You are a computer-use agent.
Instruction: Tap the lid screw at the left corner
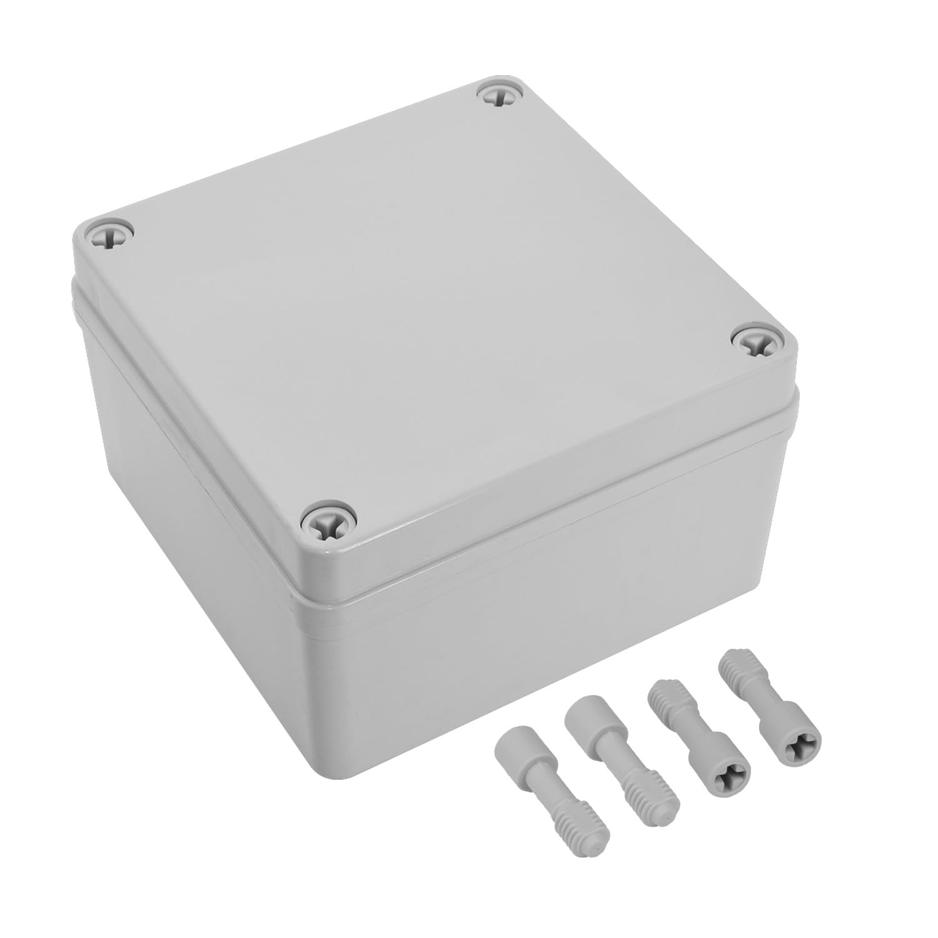[111, 236]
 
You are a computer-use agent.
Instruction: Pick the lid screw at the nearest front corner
[328, 520]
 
